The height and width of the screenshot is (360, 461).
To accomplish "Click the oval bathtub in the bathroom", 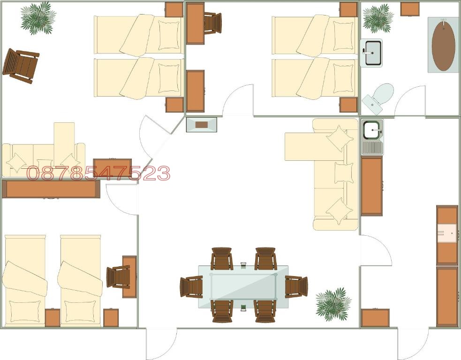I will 443,45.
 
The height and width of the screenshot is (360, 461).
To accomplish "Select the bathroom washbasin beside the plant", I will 371,52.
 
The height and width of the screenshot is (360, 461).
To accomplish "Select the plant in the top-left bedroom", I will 37,18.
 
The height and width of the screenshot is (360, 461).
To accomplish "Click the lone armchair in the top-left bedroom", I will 21,65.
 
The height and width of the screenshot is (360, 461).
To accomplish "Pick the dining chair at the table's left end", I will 191,286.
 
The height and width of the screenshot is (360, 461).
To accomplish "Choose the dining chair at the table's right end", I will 296,286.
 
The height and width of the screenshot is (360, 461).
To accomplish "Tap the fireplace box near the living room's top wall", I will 202,125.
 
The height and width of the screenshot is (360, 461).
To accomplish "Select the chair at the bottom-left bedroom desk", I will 118,277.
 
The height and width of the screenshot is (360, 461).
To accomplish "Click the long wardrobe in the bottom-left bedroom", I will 51,189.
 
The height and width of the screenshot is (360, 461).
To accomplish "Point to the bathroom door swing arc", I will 409,100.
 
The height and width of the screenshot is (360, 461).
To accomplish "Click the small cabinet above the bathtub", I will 410,9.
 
